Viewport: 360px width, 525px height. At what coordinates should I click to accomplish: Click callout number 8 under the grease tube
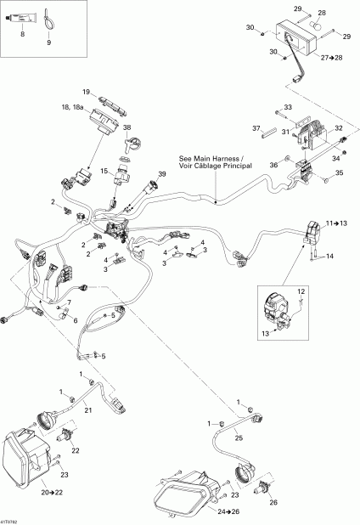(x=22, y=36)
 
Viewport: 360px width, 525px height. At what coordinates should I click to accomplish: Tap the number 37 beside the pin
(x=255, y=128)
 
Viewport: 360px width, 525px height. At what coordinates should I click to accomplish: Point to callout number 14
(x=330, y=256)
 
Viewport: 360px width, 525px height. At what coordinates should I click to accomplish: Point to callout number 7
(x=70, y=302)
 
